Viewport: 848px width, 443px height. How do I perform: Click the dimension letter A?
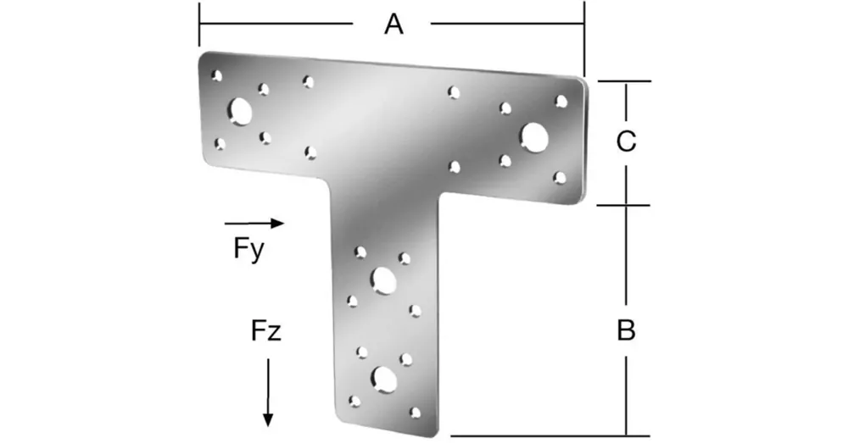(393, 25)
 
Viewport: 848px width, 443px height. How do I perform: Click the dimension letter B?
(627, 329)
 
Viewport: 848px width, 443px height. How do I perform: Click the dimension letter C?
(627, 141)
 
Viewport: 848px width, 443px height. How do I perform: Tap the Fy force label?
(248, 249)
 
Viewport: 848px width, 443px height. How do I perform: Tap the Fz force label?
(266, 330)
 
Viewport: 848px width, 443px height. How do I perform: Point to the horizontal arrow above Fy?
(254, 223)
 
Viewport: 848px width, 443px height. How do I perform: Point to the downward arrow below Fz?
(268, 393)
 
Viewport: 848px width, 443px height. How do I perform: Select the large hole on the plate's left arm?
(240, 111)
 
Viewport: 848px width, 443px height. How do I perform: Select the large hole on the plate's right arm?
(534, 137)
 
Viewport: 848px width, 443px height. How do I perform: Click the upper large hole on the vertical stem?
(383, 280)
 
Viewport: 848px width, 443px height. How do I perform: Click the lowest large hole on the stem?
(384, 379)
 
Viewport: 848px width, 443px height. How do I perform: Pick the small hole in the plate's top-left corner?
(217, 75)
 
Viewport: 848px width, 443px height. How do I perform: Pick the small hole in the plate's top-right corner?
(561, 101)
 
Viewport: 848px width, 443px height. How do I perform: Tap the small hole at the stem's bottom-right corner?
(415, 413)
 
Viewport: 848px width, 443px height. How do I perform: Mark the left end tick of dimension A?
(199, 25)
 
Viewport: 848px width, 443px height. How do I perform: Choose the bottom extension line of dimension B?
(550, 435)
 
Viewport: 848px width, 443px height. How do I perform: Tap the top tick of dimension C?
(625, 81)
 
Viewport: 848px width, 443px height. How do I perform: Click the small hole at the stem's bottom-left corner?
(354, 401)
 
